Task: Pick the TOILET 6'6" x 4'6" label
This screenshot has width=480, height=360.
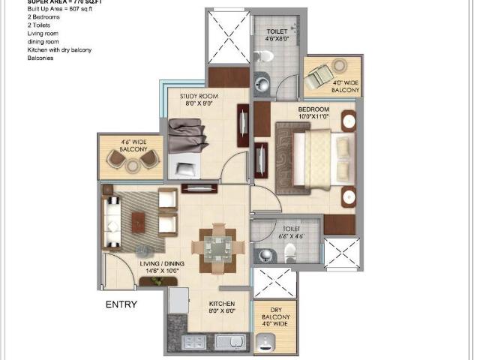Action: (289, 232)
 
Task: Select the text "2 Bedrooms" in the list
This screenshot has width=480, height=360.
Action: (23, 16)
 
